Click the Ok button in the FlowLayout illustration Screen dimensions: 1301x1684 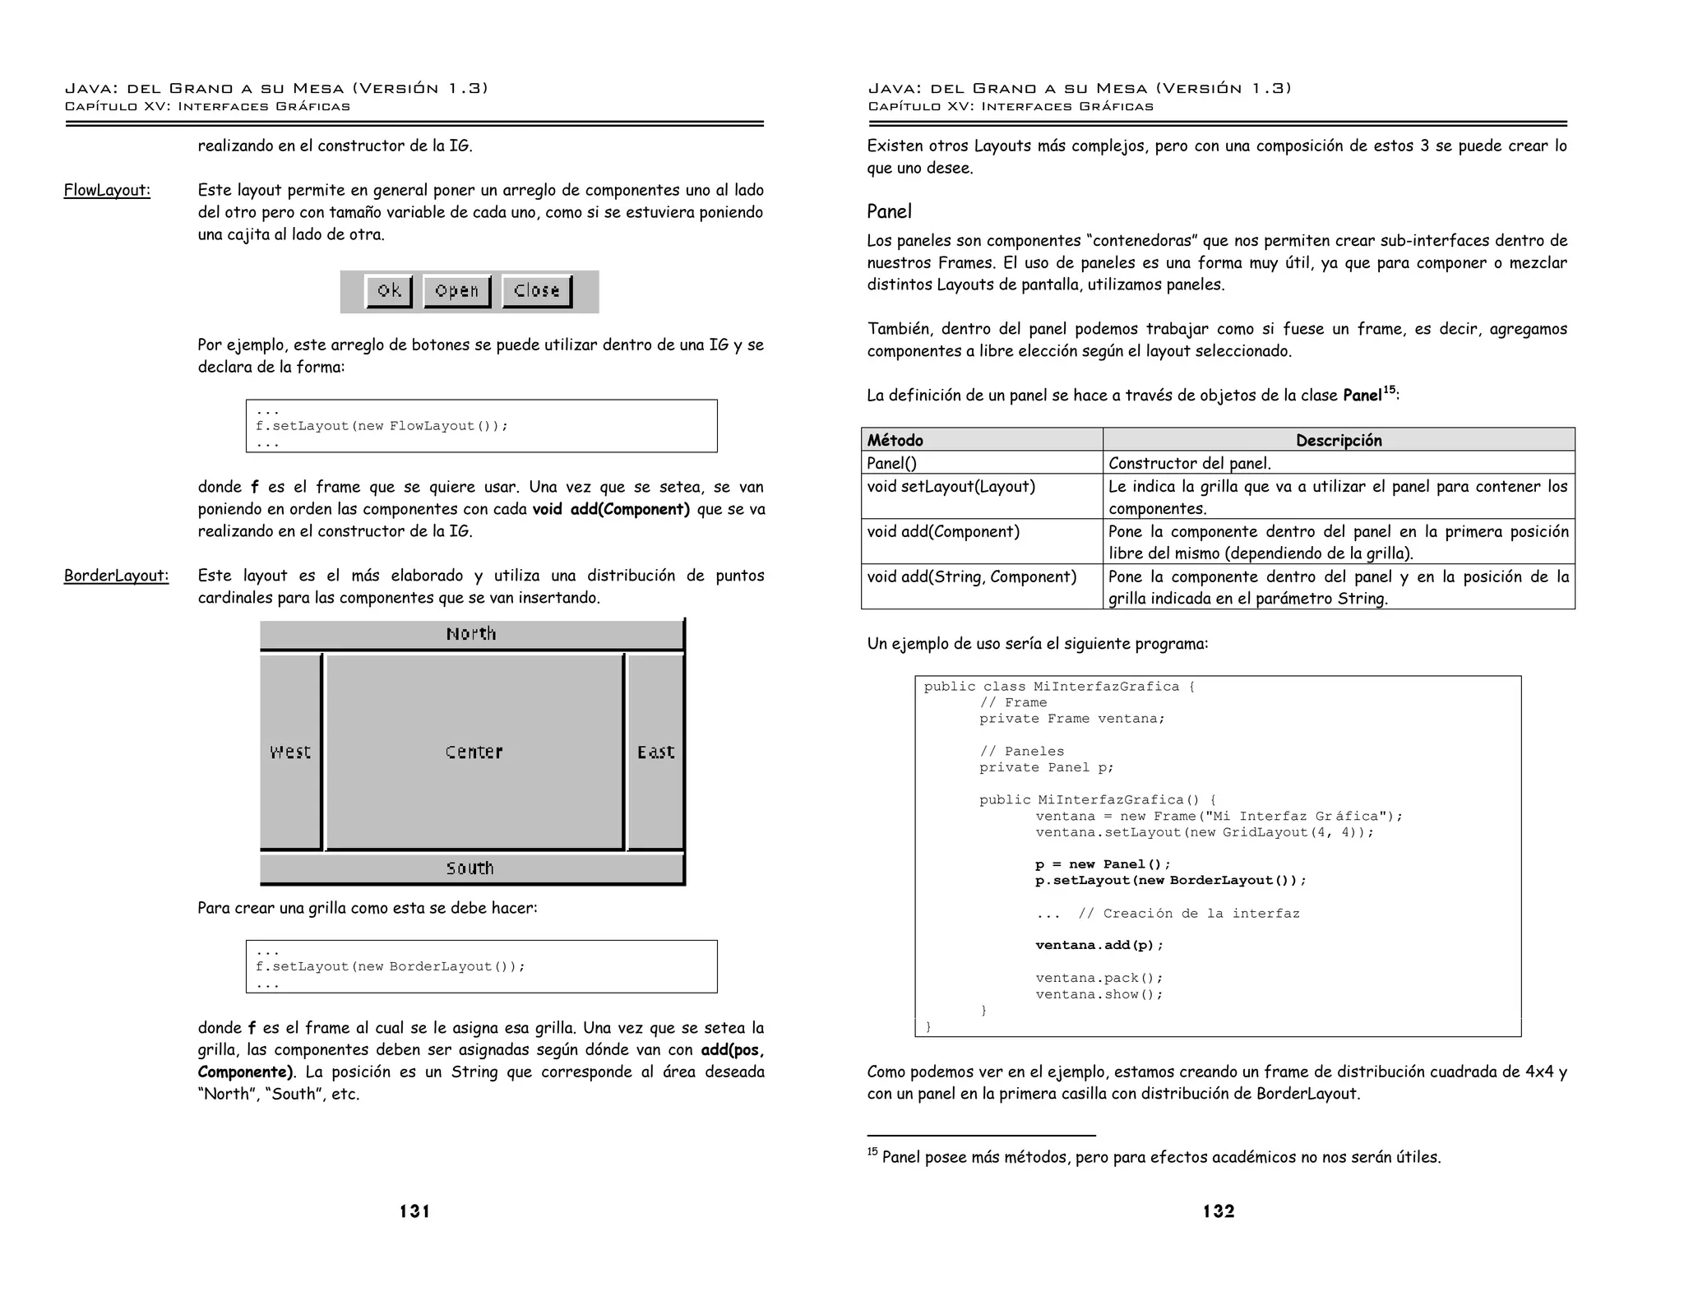(x=389, y=291)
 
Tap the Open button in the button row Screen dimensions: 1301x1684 (x=456, y=291)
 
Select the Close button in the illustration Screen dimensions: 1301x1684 (x=537, y=291)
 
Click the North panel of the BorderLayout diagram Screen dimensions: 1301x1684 (x=471, y=634)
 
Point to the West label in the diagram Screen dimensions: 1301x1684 (x=290, y=752)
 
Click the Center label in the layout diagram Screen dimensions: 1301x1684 (x=474, y=752)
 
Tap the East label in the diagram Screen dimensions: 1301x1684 (x=655, y=752)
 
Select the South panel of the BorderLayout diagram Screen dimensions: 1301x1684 (x=470, y=868)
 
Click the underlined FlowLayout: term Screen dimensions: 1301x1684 (x=107, y=191)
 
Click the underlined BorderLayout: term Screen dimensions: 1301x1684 (x=116, y=576)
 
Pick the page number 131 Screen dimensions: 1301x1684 (x=414, y=1211)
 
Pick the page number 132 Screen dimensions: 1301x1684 (x=1218, y=1211)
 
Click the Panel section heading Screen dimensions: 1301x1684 (x=889, y=212)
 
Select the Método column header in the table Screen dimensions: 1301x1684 (x=895, y=441)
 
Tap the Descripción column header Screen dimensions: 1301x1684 (x=1338, y=441)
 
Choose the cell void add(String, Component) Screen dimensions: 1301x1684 (x=971, y=577)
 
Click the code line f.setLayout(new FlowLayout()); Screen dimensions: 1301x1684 (x=382, y=426)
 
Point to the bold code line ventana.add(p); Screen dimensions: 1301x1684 (x=1099, y=946)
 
